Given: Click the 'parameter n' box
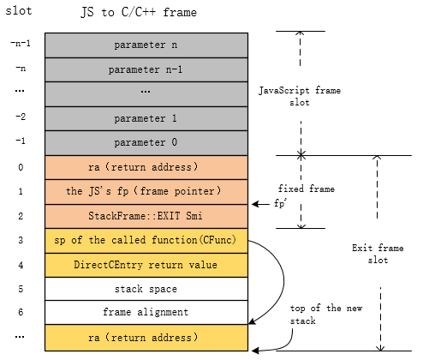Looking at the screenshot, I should (146, 44).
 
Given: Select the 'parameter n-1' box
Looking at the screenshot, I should (146, 69).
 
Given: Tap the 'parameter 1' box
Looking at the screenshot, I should (146, 117).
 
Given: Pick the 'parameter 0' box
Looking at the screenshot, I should (146, 142).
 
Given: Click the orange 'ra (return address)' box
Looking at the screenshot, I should (146, 167).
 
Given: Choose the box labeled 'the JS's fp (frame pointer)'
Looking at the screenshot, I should (146, 191).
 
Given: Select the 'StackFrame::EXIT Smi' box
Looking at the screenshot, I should (146, 216).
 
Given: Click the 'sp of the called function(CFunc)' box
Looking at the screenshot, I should (146, 240).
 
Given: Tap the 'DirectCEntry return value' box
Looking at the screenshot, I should (146, 265).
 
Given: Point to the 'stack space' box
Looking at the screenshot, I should (146, 290).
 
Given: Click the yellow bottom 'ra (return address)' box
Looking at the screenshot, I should (146, 339).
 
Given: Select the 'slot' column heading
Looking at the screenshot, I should (18, 9).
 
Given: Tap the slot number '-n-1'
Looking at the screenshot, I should (20, 44).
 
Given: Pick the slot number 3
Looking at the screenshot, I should (20, 241).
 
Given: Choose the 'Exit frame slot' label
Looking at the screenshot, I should (377, 254).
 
